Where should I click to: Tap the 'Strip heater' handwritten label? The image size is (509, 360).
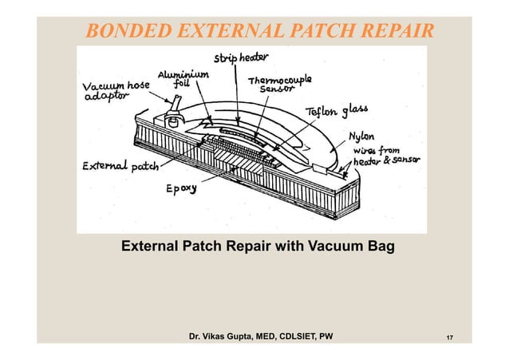[x=240, y=58]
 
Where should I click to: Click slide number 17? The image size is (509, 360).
[x=450, y=337]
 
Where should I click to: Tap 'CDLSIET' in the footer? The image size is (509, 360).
[x=293, y=336]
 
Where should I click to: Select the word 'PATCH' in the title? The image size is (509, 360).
[x=318, y=31]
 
